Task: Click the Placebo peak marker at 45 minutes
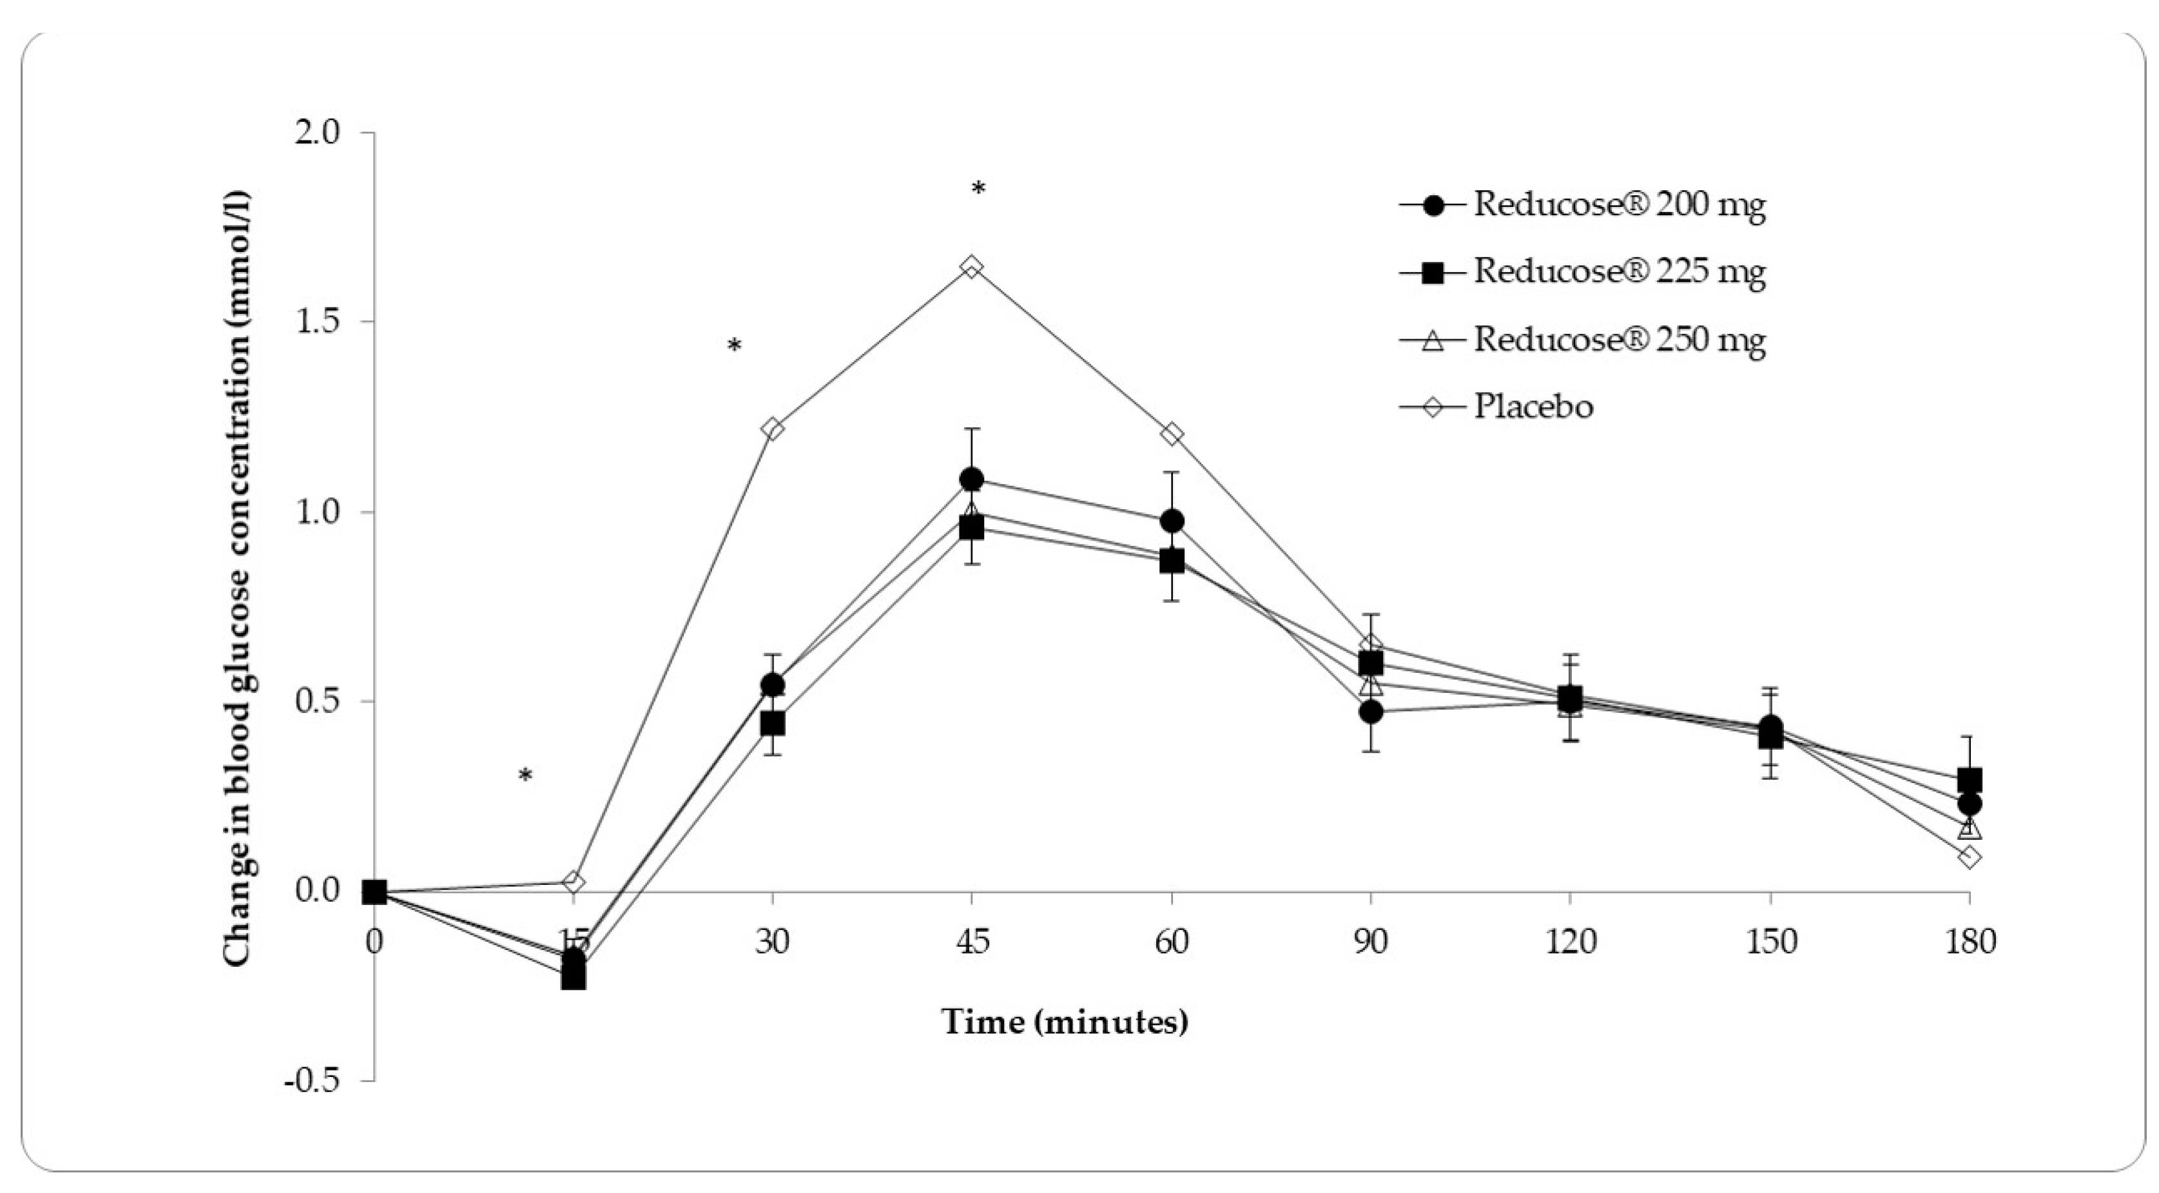971,267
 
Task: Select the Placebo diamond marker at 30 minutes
772,429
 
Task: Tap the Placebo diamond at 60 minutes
1171,433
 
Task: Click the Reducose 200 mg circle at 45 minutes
971,480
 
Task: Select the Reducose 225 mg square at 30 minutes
772,723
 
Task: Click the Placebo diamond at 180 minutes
1969,857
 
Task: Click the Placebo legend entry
1533,407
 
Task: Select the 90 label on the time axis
1370,942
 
